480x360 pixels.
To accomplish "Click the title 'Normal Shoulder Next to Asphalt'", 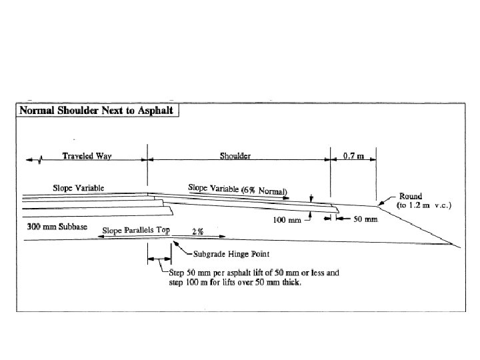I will (97, 110).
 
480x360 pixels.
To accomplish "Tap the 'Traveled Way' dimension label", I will (87, 157).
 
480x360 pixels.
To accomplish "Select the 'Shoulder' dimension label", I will (235, 157).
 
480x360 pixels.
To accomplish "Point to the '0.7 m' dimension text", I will (353, 157).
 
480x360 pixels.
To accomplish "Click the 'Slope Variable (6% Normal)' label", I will (237, 190).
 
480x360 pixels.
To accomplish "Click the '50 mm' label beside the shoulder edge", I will (366, 219).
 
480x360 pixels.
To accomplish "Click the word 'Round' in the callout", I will (411, 196).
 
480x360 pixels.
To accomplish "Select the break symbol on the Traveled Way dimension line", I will (42, 159).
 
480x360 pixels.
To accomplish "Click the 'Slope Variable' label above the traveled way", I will (79, 188).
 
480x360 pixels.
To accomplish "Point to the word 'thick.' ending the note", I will (290, 283).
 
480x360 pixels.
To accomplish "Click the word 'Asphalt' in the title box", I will (156, 110).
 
